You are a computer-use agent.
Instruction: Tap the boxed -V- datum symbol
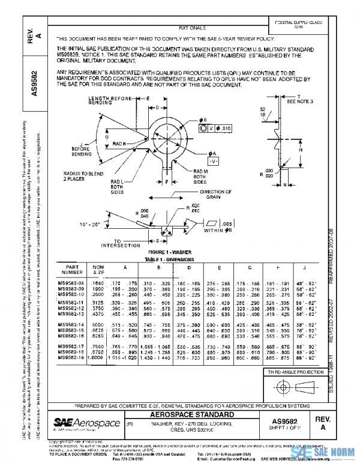[213, 162]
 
